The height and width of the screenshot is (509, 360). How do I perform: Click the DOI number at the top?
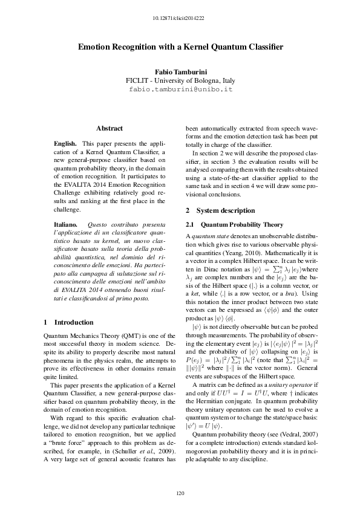tap(180, 11)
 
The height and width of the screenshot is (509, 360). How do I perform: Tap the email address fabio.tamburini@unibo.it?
tap(180, 89)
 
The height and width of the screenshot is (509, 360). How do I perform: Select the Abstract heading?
tap(110, 128)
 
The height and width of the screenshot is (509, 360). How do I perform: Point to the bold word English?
tap(65, 144)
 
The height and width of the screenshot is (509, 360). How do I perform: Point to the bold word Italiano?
tap(65, 224)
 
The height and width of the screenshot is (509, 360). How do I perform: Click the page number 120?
tap(180, 494)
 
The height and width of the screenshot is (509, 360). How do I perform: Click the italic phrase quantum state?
tap(208, 234)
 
